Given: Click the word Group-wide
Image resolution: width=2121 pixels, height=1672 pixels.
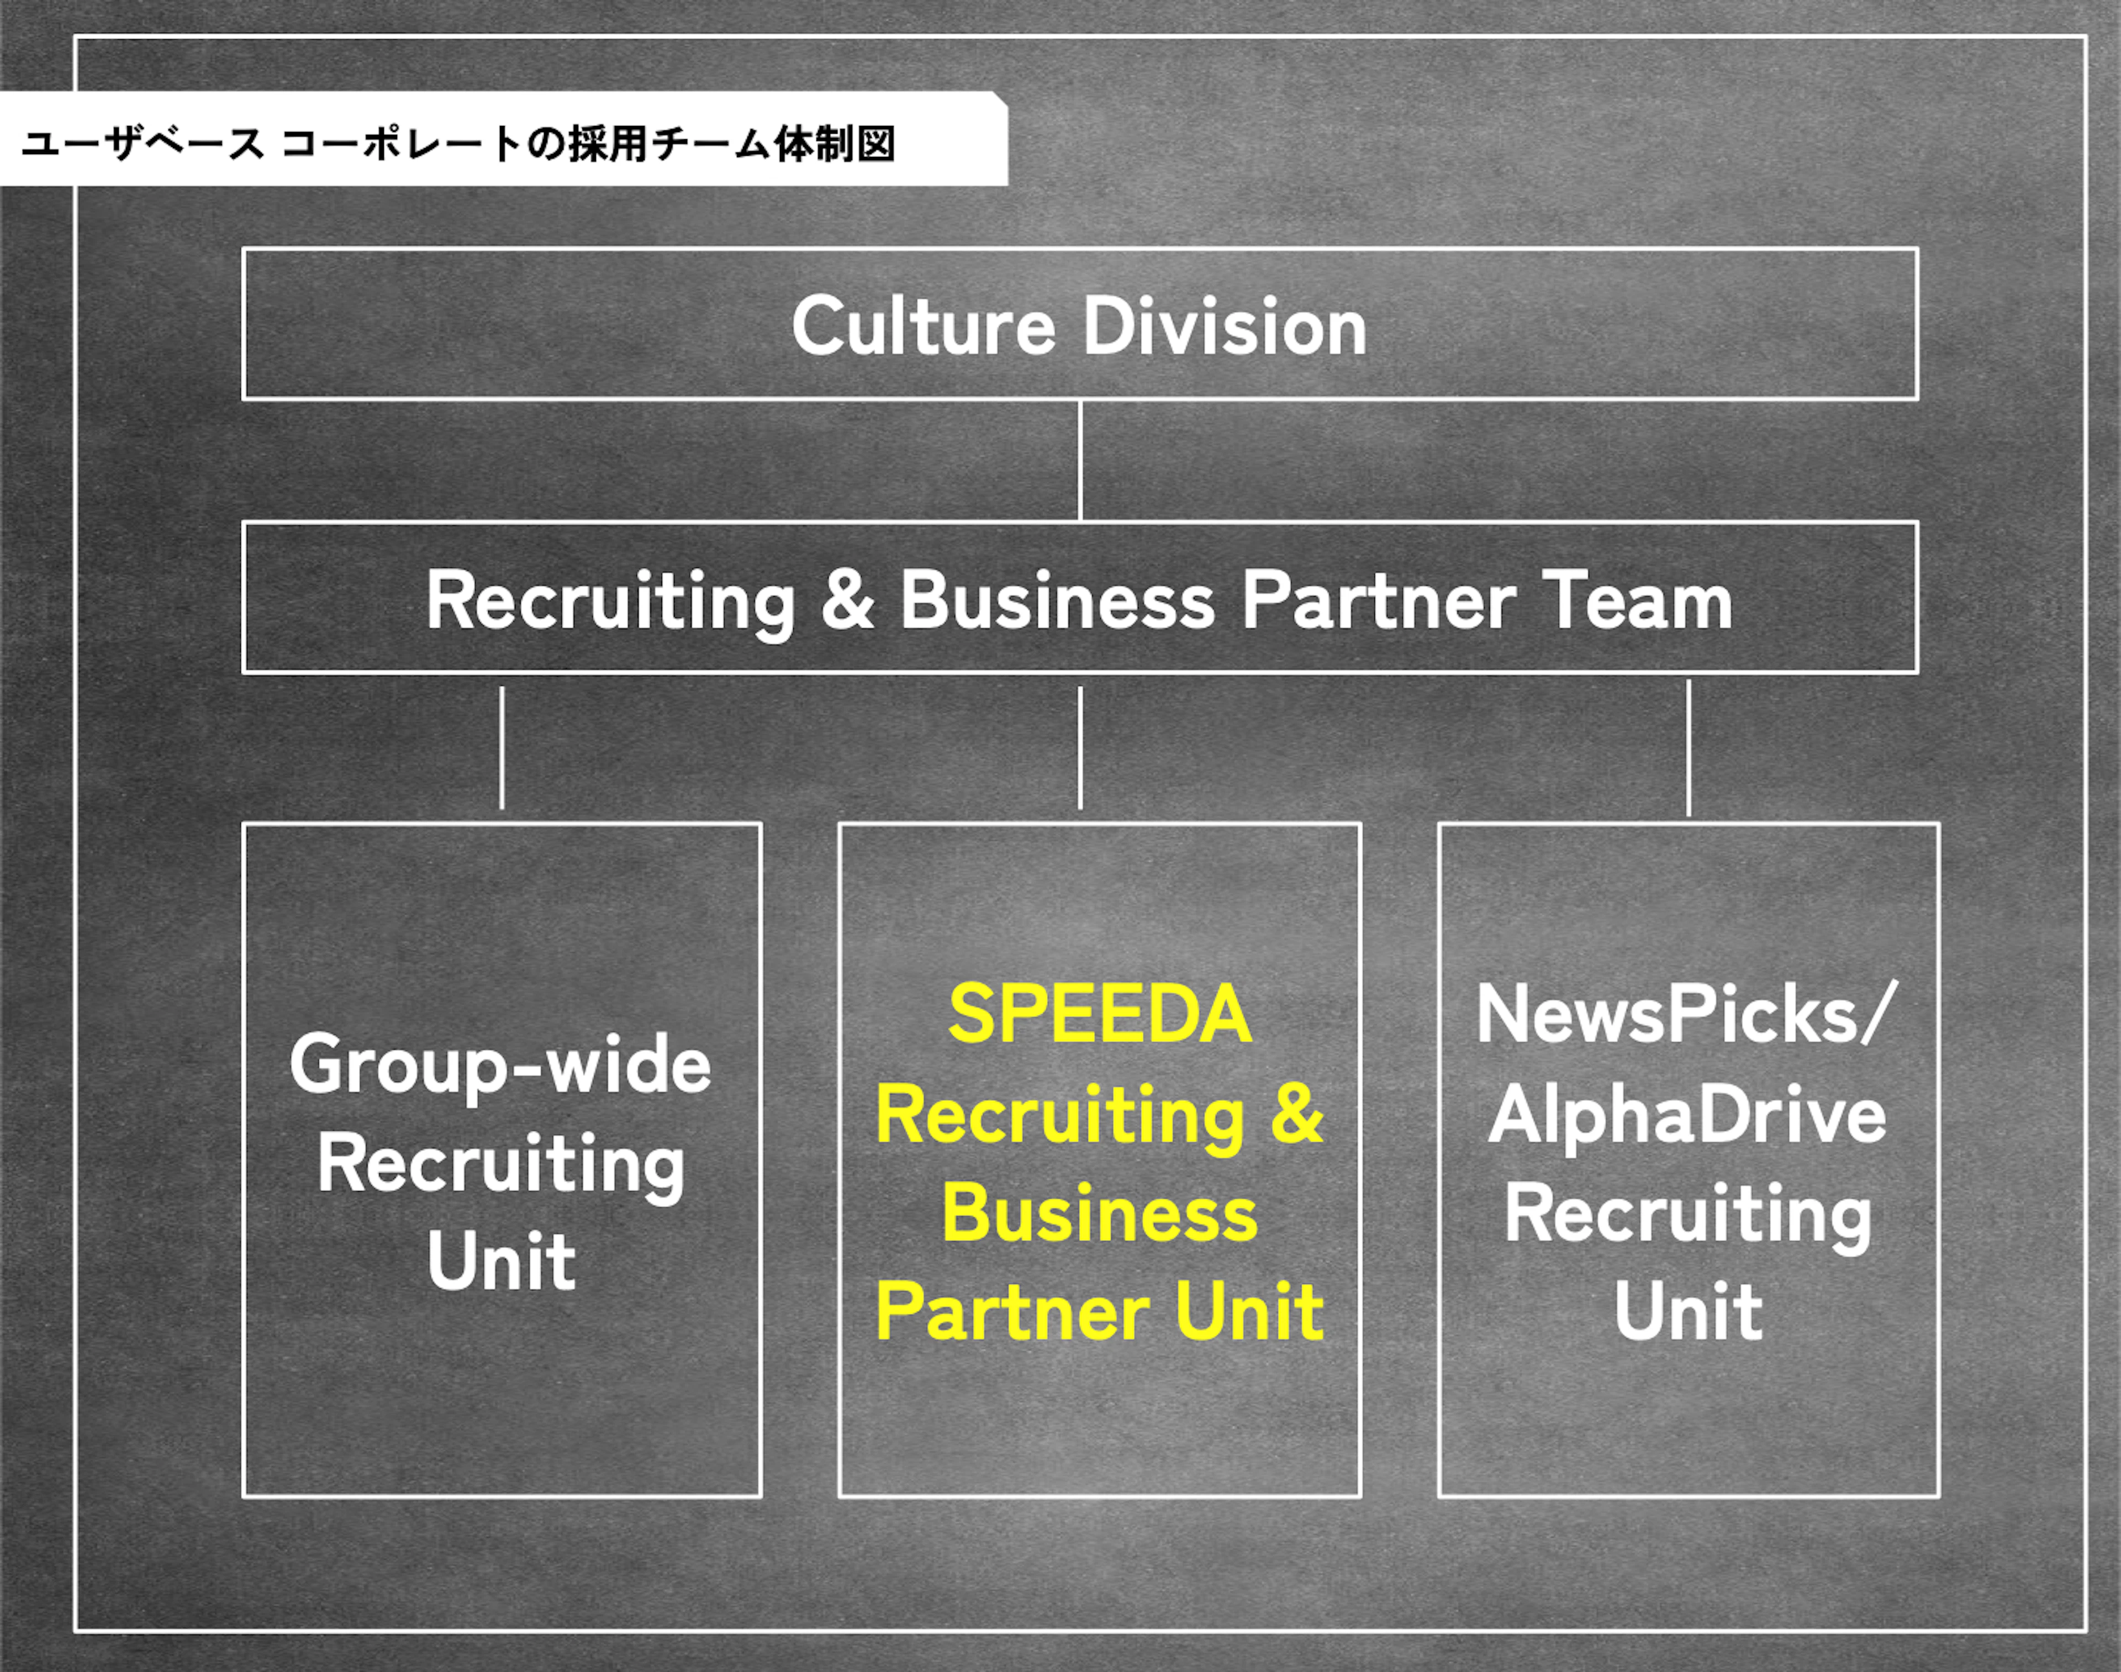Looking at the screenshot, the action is [x=500, y=1065].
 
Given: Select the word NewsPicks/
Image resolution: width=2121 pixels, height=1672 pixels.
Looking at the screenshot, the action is [x=1686, y=1014].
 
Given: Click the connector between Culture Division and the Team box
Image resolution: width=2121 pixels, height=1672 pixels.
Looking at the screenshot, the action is [x=1080, y=460].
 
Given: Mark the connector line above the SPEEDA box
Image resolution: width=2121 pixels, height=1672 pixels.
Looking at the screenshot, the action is [x=1080, y=748].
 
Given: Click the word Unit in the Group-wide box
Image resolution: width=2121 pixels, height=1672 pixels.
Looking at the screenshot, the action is [x=501, y=1261].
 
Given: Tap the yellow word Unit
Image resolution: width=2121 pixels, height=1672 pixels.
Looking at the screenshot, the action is [x=1249, y=1312].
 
